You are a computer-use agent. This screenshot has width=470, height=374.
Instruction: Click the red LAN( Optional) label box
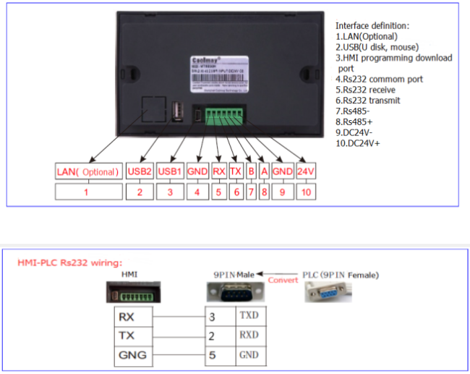(x=87, y=172)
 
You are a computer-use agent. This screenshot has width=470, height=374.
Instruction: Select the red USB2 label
(x=140, y=172)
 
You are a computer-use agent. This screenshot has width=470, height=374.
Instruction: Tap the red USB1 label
(x=170, y=172)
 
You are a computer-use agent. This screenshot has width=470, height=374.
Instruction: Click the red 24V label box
(x=306, y=172)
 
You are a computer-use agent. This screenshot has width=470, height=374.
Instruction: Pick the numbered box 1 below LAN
(x=87, y=192)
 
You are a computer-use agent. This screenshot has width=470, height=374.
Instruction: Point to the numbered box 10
(x=306, y=192)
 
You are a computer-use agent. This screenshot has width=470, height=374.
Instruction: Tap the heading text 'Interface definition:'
(x=372, y=25)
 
